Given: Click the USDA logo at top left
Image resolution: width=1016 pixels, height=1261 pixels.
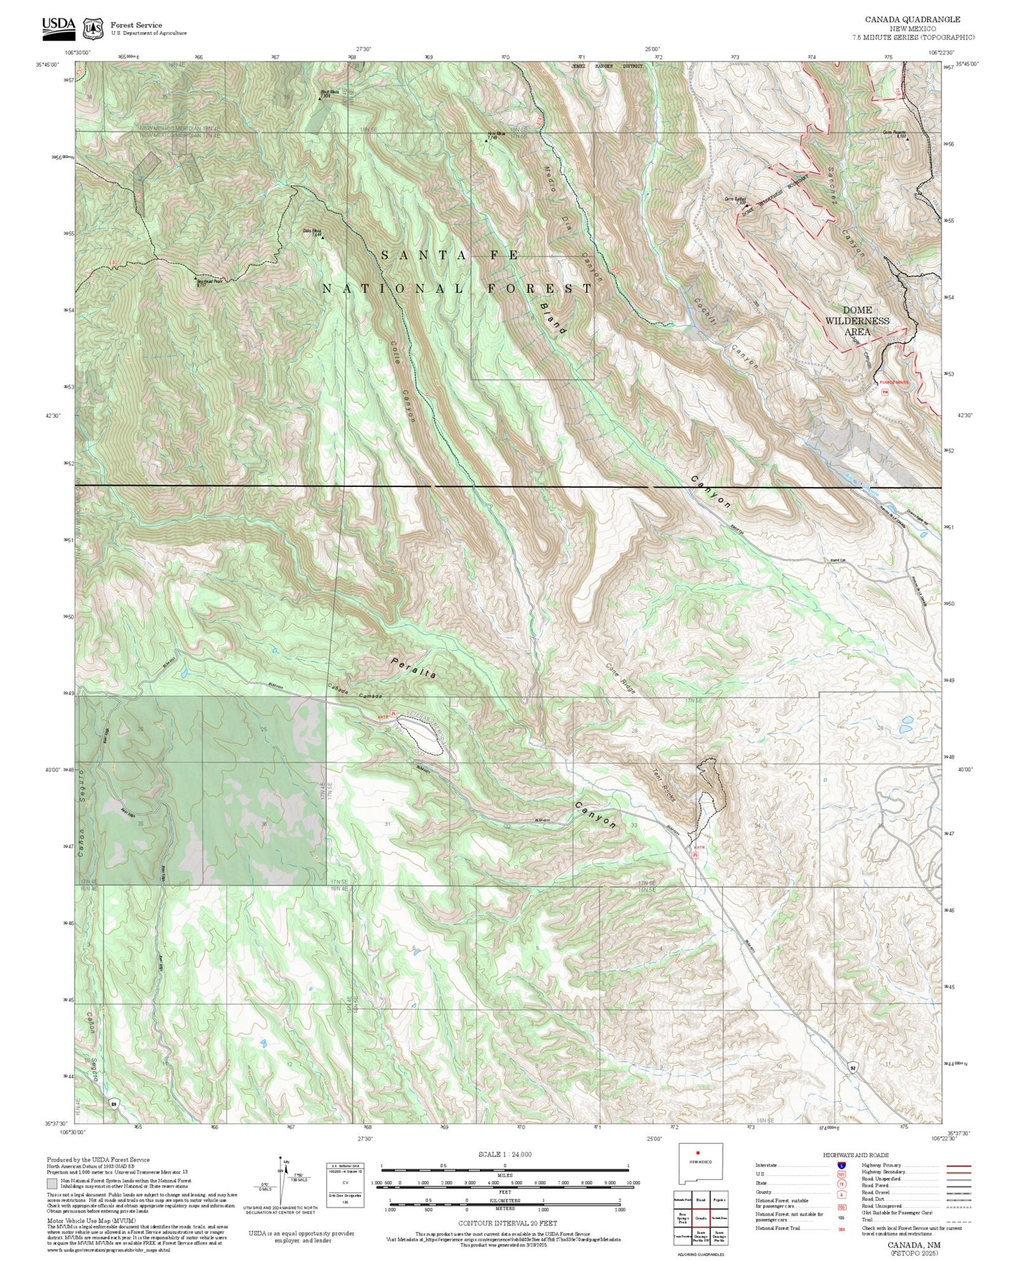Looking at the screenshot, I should (x=58, y=26).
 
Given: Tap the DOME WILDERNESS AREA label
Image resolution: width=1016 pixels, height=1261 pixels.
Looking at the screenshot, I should (x=857, y=321).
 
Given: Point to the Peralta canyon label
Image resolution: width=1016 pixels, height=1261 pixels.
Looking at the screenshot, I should (x=414, y=668).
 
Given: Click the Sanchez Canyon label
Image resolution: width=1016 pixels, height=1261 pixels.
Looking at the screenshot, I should (x=845, y=211).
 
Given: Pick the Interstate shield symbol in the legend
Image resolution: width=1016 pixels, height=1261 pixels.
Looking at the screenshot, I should (x=841, y=1165).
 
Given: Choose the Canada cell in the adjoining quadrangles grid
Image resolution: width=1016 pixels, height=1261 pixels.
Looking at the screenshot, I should (x=701, y=1217).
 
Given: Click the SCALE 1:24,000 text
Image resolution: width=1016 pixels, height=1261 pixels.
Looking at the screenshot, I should (x=505, y=1155).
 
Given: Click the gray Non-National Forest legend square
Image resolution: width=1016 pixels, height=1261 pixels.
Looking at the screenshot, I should (x=52, y=1184).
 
